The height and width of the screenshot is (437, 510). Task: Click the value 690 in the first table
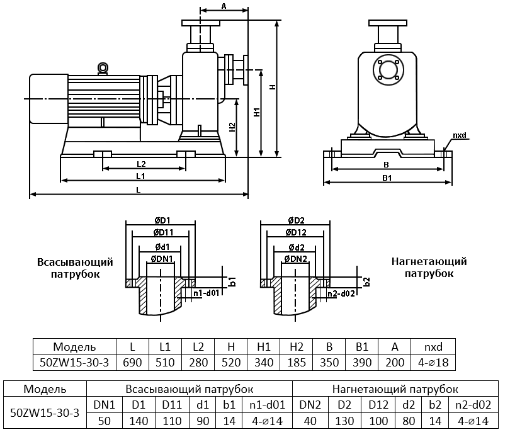click(x=132, y=362)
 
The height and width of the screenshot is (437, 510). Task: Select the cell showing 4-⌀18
click(x=433, y=362)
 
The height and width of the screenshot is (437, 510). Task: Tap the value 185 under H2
click(x=297, y=362)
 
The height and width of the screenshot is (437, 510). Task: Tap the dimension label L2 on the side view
click(x=142, y=164)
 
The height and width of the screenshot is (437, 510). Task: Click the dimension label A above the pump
click(x=224, y=6)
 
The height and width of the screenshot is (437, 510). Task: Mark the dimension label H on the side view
click(x=272, y=88)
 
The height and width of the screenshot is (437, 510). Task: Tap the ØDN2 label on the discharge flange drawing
click(x=295, y=259)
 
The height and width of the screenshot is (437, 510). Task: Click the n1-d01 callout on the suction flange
click(x=206, y=293)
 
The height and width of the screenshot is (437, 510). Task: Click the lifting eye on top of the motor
click(x=103, y=67)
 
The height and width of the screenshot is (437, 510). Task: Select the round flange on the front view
click(x=387, y=69)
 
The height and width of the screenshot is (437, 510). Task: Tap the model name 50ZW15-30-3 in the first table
click(x=74, y=362)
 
